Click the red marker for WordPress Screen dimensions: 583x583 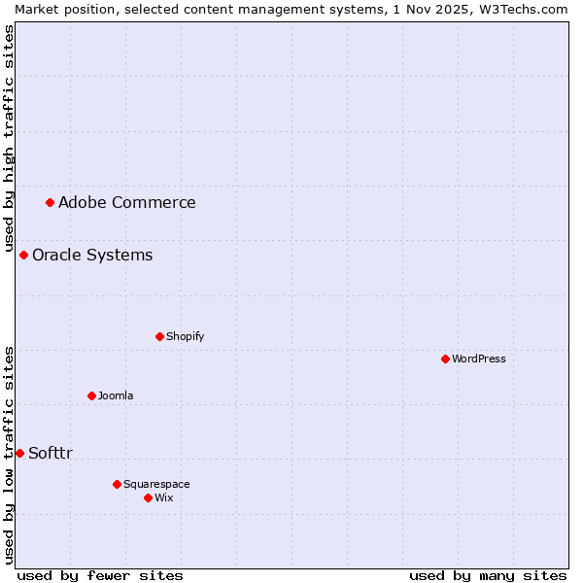pos(445,359)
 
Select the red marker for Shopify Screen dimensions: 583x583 pos(159,336)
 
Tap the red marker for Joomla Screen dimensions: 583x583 pos(91,395)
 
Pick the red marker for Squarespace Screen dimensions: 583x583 pos(117,484)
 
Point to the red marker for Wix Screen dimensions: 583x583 pos(148,497)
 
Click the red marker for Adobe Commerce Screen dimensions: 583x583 pos(50,202)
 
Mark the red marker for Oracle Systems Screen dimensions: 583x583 pos(23,255)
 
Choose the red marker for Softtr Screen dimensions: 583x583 pos(19,453)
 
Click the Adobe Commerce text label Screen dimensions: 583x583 pos(126,202)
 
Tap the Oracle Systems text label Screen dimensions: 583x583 pos(92,255)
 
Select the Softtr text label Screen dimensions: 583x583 pos(51,453)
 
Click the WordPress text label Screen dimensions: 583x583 pos(478,359)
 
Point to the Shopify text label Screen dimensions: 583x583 pos(185,336)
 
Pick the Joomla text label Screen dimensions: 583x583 pos(116,395)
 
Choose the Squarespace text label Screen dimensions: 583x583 pos(156,484)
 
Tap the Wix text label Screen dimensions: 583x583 pos(163,497)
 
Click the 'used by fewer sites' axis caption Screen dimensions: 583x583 pos(100,575)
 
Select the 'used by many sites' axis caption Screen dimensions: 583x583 pos(488,575)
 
